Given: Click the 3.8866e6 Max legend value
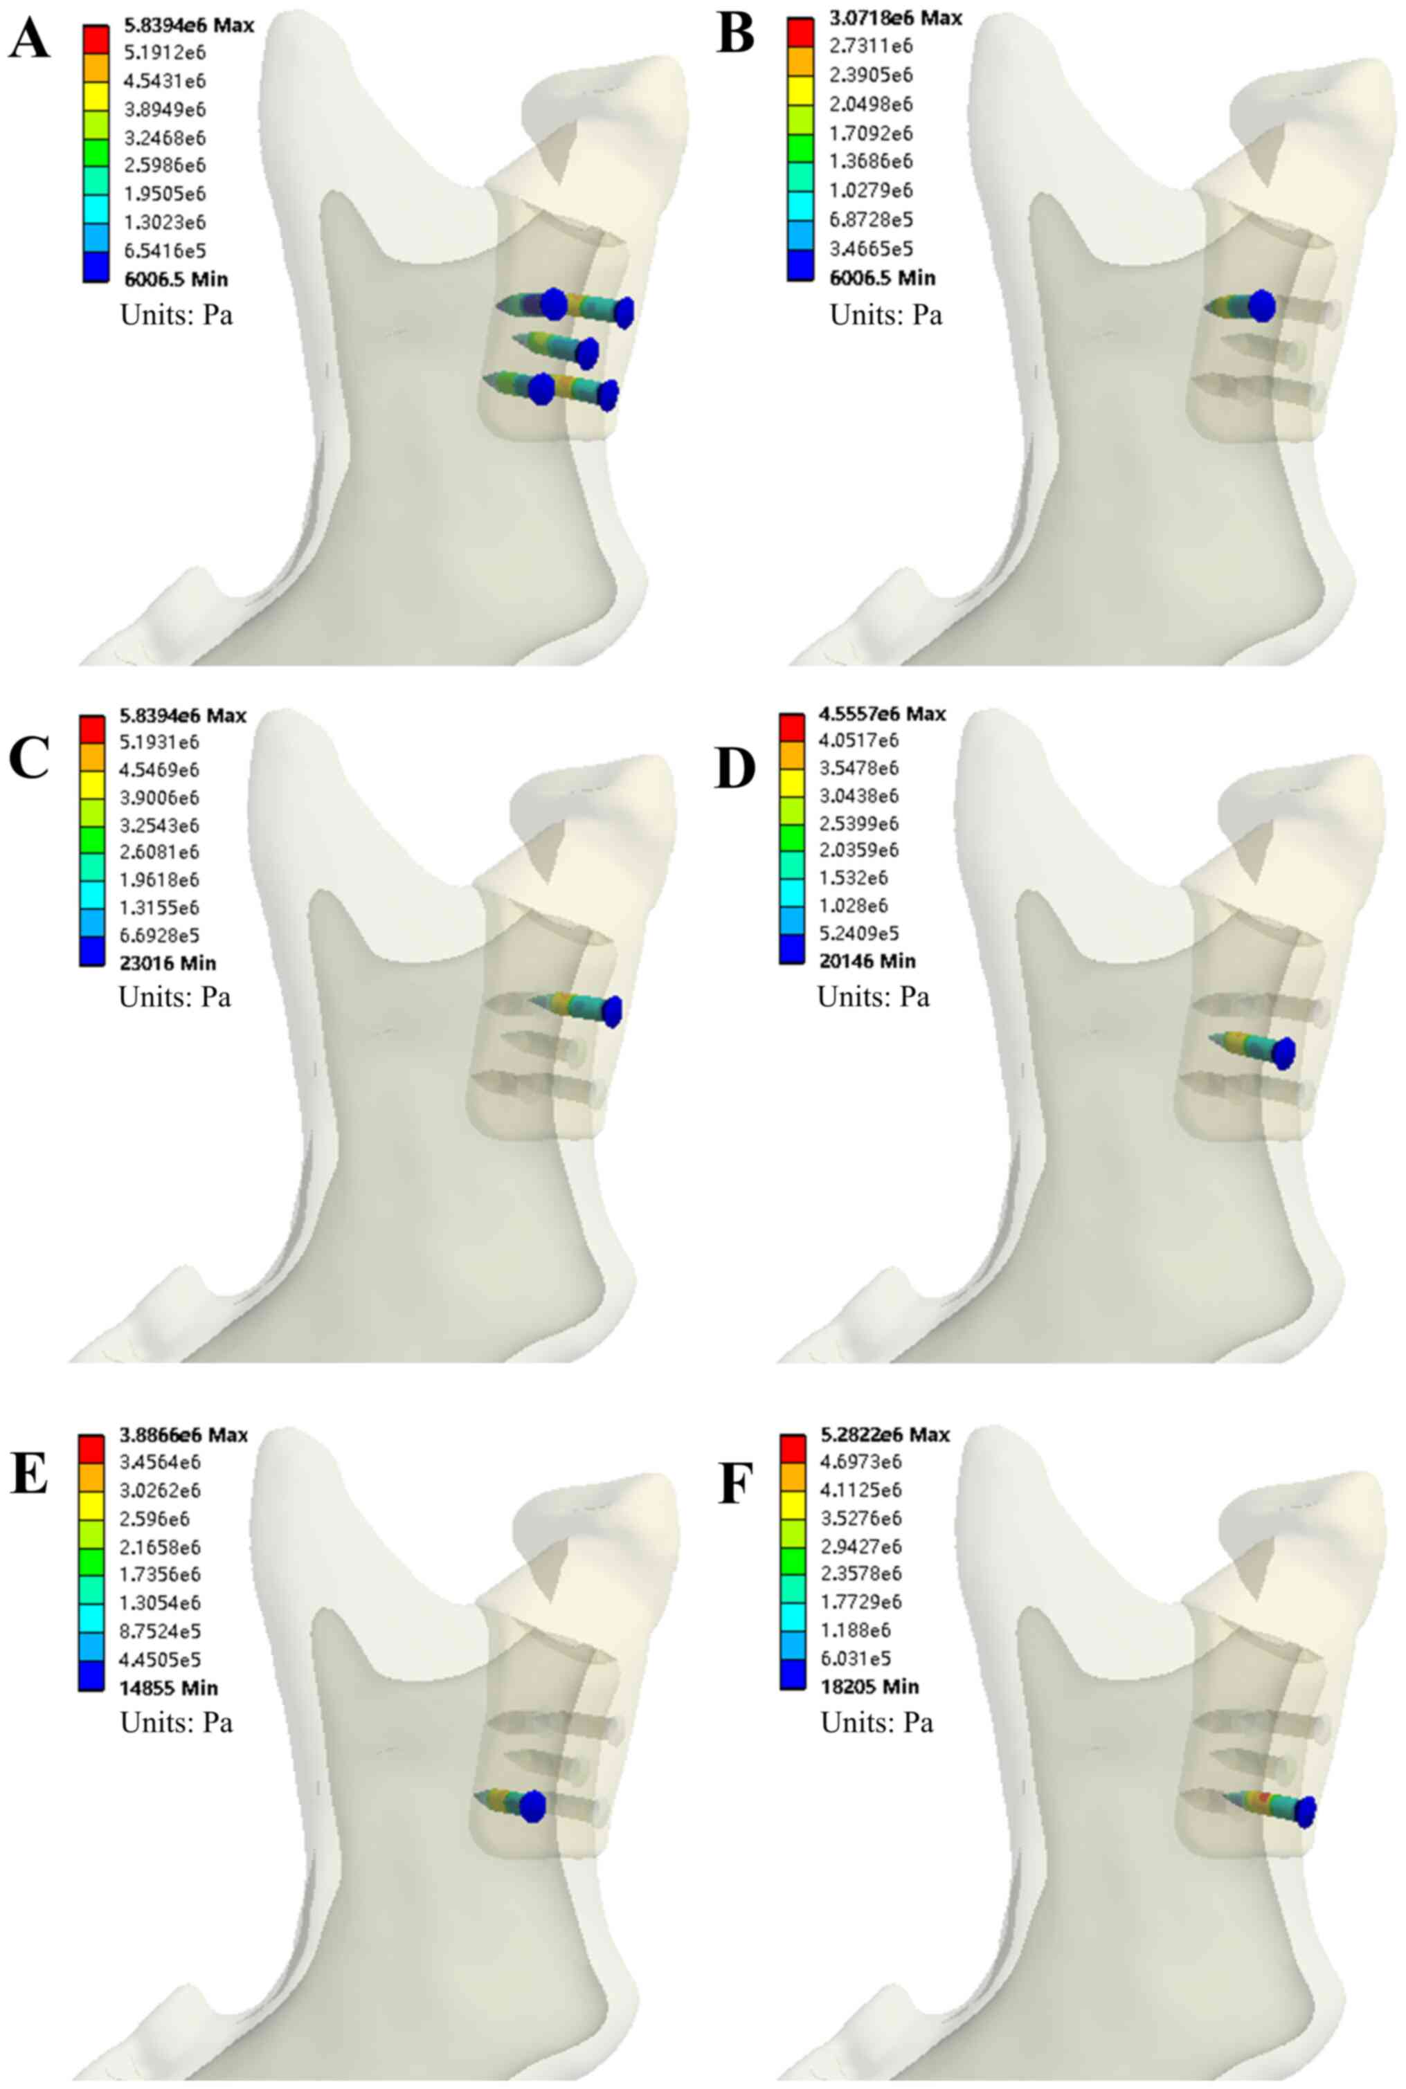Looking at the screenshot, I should tap(184, 1435).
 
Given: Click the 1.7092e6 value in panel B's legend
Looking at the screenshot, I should tap(869, 134).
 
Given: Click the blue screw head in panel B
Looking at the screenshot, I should tap(1261, 306).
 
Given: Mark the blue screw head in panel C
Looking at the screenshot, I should tap(611, 1011).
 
